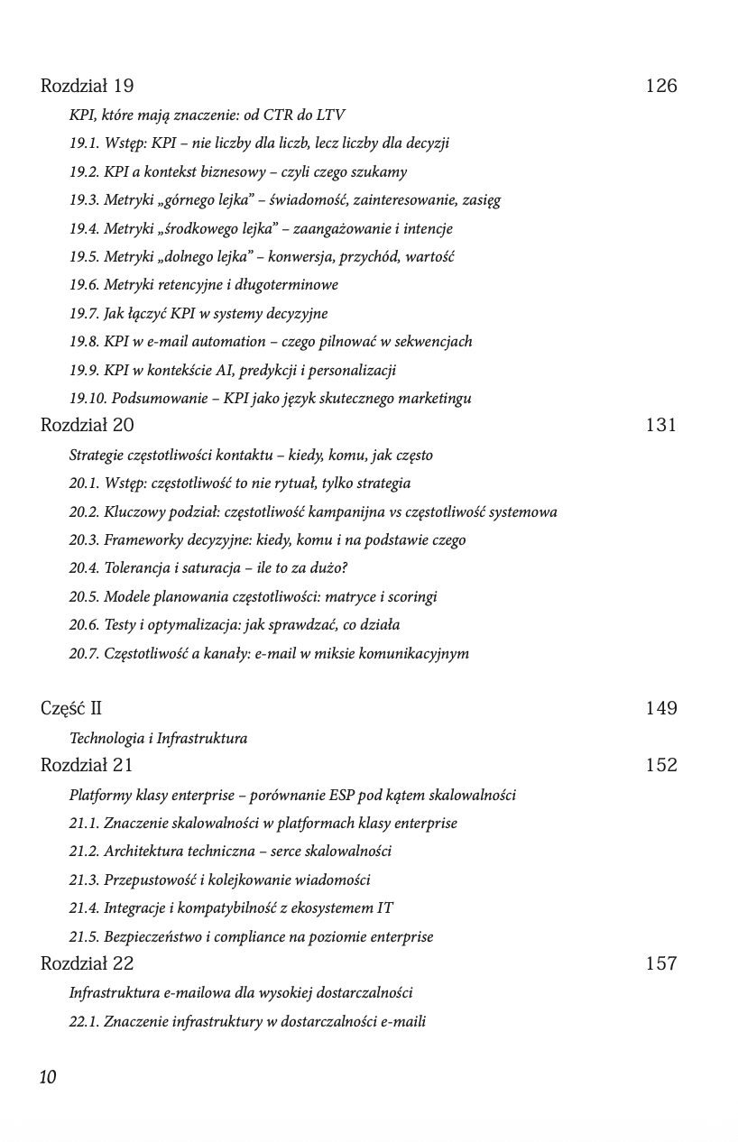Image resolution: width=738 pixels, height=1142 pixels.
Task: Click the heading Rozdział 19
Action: click(x=88, y=87)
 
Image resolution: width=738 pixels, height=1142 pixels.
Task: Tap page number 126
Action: click(x=661, y=87)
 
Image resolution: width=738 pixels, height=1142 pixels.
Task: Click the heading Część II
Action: click(x=71, y=709)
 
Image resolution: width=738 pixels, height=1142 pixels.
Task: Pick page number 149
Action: click(x=661, y=709)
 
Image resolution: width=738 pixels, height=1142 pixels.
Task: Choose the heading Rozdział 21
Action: click(x=87, y=766)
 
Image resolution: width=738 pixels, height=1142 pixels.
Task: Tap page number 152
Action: click(x=661, y=766)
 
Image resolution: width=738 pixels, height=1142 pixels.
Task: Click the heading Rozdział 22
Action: click(x=88, y=964)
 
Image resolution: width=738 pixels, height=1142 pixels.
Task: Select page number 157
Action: click(x=661, y=964)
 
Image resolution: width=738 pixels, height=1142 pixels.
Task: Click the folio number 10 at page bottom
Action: click(x=48, y=1077)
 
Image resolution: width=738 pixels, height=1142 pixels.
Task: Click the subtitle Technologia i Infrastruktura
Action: click(x=158, y=739)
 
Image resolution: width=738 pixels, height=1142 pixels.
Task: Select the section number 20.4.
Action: click(x=83, y=568)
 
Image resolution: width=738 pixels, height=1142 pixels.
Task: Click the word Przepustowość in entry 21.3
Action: click(x=149, y=880)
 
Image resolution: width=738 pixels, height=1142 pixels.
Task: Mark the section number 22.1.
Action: click(x=83, y=1021)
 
